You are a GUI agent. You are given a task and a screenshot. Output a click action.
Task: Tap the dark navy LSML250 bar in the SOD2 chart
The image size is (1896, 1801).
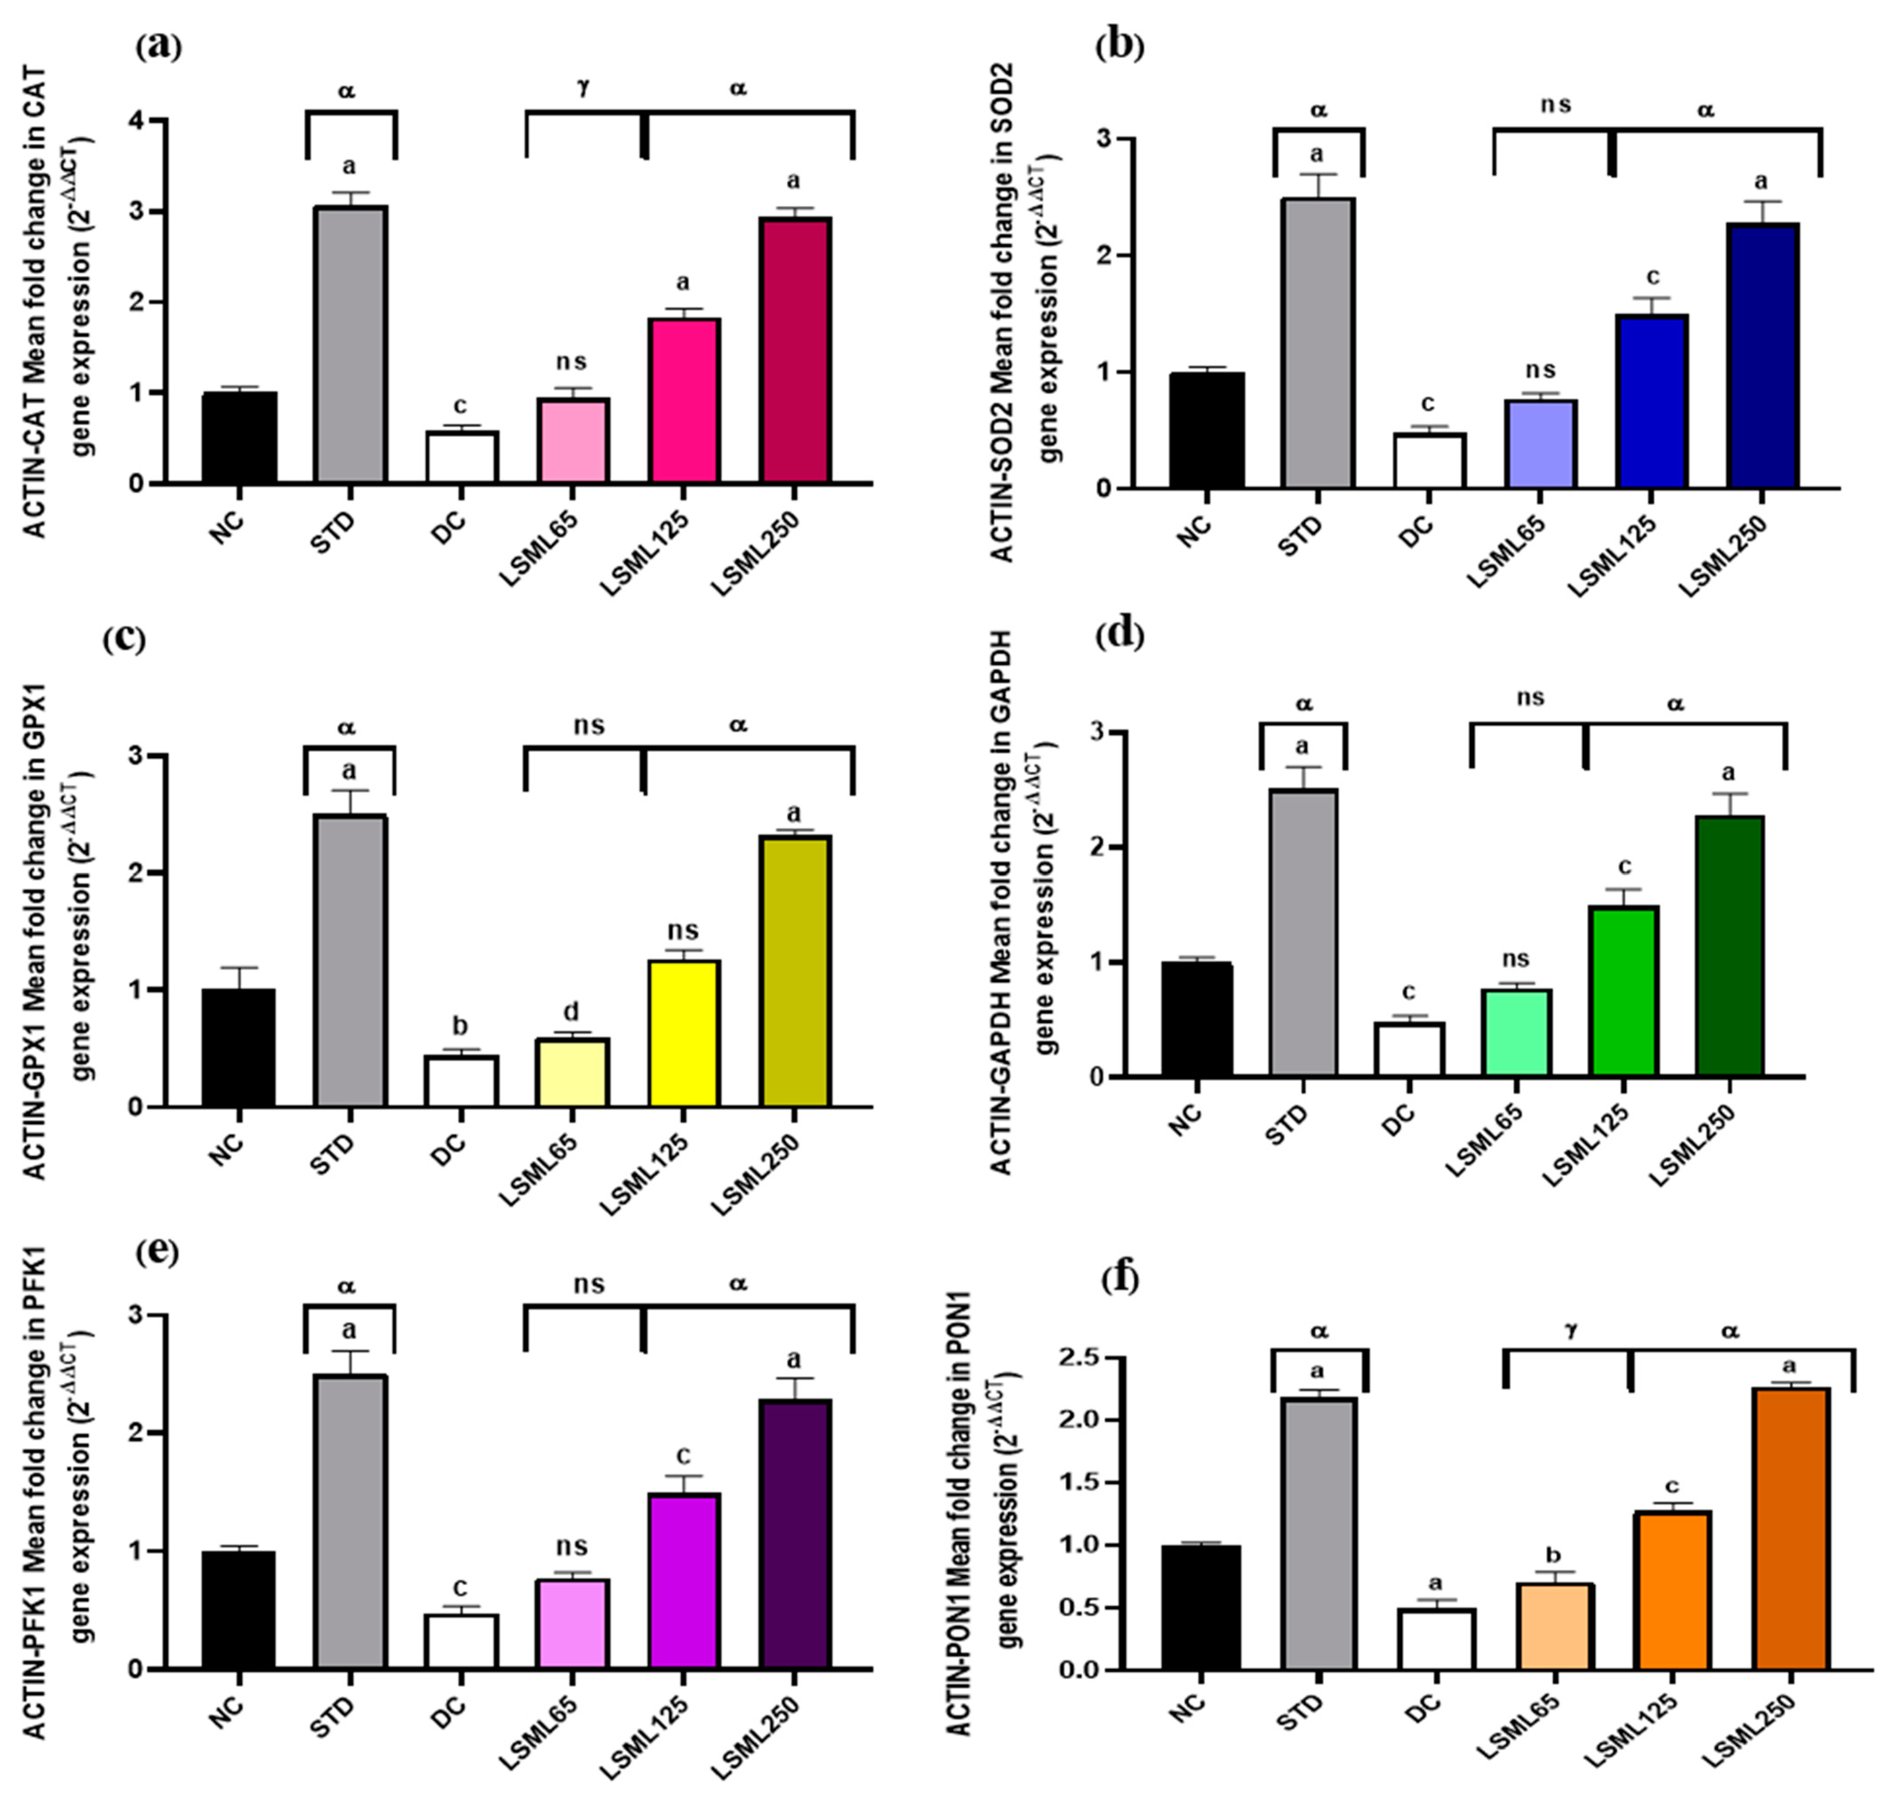1763,355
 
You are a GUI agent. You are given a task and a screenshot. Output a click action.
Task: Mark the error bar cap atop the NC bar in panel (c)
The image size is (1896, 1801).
239,968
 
